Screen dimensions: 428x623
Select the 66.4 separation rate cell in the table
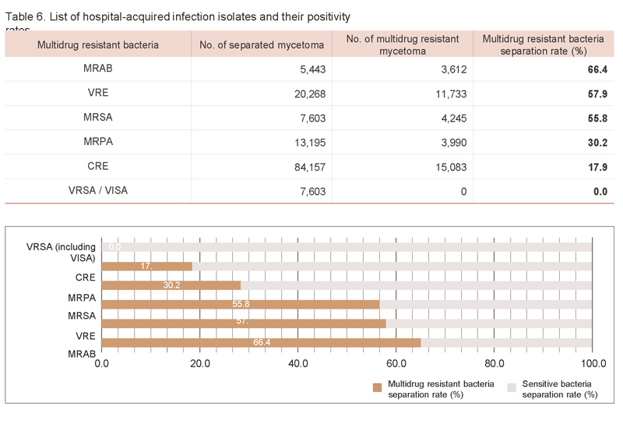[x=597, y=69]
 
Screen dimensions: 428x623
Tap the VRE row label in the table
[x=98, y=94]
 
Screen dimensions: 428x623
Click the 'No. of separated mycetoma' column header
[x=262, y=44]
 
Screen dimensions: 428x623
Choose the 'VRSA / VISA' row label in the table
[x=98, y=191]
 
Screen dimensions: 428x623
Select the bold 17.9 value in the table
[x=597, y=166]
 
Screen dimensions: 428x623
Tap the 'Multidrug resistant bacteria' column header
[x=98, y=44]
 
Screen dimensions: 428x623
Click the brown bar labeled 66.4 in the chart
[x=261, y=341]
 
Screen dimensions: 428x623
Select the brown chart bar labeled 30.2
[x=171, y=285]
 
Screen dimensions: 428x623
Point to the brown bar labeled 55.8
[x=240, y=304]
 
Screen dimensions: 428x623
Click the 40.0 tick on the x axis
[x=297, y=363]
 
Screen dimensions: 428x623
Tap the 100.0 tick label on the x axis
[x=593, y=363]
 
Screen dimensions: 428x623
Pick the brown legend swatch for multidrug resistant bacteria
[x=378, y=387]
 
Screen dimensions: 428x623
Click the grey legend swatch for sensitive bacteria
[x=512, y=387]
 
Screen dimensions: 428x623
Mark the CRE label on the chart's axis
[x=85, y=277]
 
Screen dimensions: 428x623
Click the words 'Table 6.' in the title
[x=24, y=16]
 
